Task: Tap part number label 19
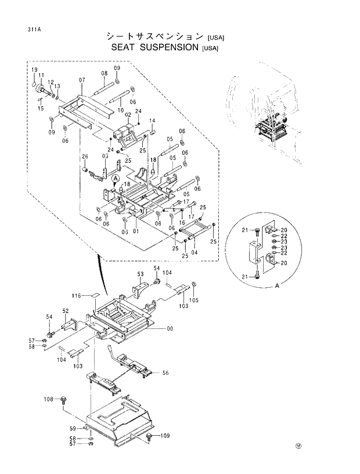(x=34, y=70)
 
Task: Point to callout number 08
(x=105, y=74)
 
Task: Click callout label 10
(x=120, y=110)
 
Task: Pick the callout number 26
(x=84, y=157)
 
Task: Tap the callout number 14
(x=152, y=121)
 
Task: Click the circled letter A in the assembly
(x=116, y=178)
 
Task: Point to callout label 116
(x=75, y=296)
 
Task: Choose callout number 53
(x=140, y=274)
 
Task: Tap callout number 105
(x=194, y=300)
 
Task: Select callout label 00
(x=170, y=329)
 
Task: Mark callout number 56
(x=165, y=373)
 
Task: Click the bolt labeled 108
(x=64, y=400)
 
